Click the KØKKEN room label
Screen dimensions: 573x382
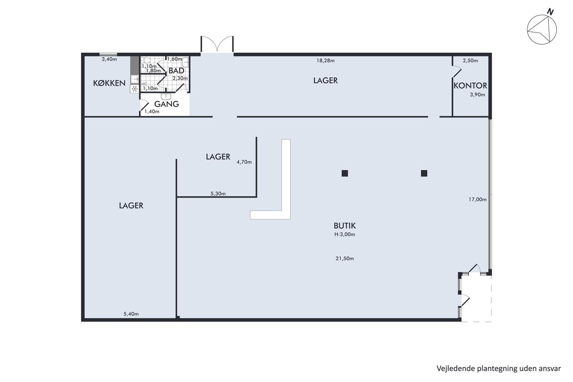(109, 83)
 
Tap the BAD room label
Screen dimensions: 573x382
(176, 70)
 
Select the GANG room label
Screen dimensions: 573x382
(167, 104)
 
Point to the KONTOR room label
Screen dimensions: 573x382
(470, 86)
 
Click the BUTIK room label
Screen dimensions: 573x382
(345, 226)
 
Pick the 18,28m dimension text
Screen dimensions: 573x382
(325, 61)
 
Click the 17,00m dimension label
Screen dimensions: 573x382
(477, 199)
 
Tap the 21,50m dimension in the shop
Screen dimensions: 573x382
(345, 258)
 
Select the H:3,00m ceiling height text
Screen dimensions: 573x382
(345, 234)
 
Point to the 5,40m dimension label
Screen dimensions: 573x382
(131, 314)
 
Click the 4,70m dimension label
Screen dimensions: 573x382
(244, 162)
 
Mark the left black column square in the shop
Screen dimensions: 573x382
(345, 174)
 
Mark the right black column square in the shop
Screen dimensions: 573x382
(424, 174)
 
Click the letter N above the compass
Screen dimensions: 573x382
(550, 12)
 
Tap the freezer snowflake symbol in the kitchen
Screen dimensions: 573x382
(135, 89)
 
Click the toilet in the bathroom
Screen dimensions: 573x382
(146, 61)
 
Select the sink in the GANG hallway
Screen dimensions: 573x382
(166, 96)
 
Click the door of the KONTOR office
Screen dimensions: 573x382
(457, 72)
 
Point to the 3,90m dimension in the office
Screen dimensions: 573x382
(477, 95)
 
